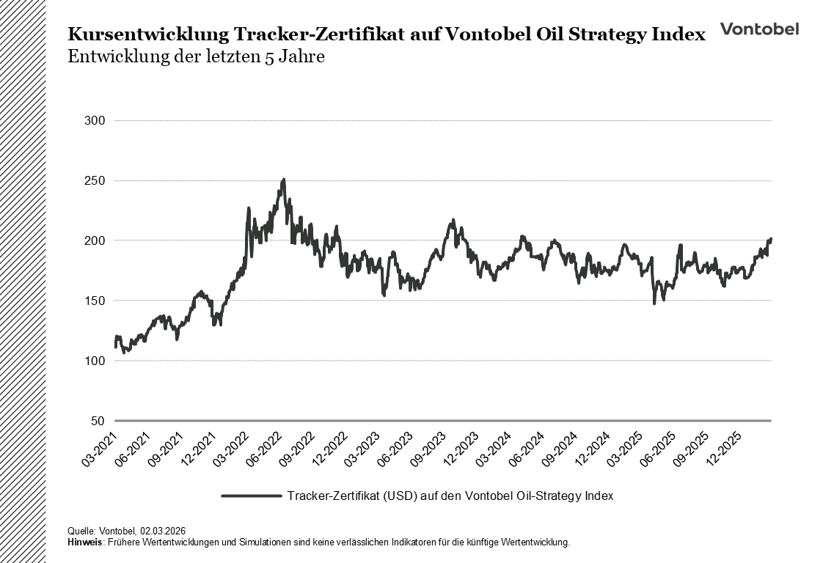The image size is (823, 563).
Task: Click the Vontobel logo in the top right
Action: pyautogui.click(x=759, y=29)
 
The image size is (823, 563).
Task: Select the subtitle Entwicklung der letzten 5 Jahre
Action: pyautogui.click(x=196, y=57)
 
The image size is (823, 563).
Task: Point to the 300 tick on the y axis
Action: pyautogui.click(x=96, y=120)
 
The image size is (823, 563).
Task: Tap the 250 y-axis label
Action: pyautogui.click(x=96, y=180)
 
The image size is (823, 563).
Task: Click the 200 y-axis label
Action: pyautogui.click(x=96, y=240)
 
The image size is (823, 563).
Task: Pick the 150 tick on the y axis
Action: pyautogui.click(x=96, y=301)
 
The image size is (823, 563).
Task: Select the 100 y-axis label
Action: pyautogui.click(x=96, y=361)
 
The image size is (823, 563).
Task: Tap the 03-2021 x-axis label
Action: pyautogui.click(x=99, y=449)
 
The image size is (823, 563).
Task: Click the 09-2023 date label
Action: pyautogui.click(x=430, y=449)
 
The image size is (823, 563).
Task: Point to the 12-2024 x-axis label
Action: pyautogui.click(x=595, y=449)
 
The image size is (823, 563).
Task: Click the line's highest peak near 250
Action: pyautogui.click(x=283, y=179)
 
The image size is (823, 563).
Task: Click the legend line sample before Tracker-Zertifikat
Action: pyautogui.click(x=251, y=496)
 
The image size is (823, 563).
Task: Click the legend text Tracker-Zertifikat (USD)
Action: pyautogui.click(x=351, y=496)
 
